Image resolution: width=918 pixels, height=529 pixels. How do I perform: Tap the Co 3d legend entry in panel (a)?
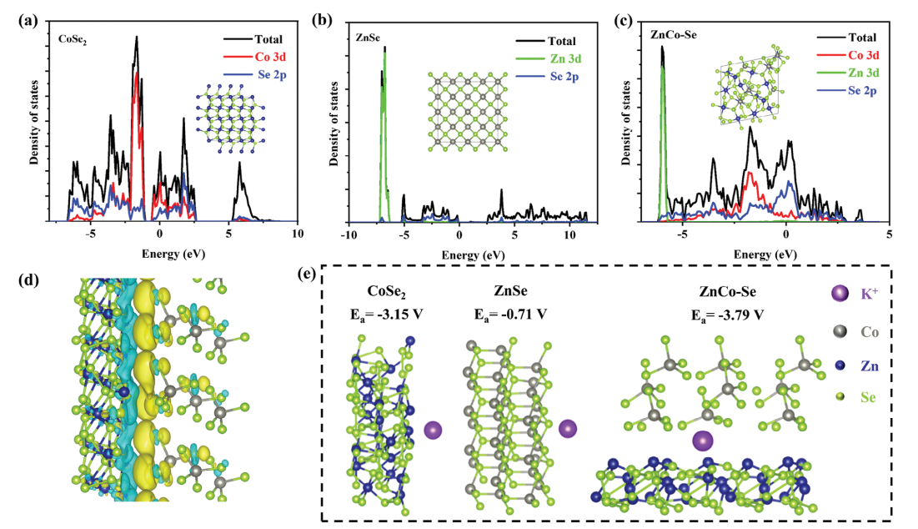click(253, 57)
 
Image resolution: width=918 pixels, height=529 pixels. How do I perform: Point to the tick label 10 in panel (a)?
click(298, 236)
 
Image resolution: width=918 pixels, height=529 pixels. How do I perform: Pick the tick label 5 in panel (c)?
click(889, 236)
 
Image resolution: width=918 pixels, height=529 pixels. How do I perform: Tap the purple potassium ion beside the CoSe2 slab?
click(433, 431)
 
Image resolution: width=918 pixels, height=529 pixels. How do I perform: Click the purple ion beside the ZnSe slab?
click(567, 429)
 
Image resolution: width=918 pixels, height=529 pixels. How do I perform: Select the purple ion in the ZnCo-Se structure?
click(703, 440)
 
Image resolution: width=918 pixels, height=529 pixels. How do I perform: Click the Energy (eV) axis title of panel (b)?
click(472, 254)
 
